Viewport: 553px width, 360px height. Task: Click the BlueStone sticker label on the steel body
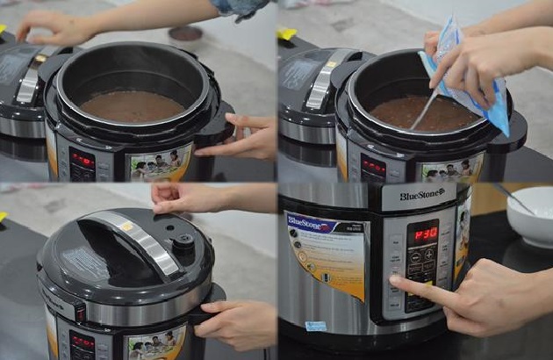click(x=326, y=250)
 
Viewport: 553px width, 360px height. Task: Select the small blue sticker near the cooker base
click(x=315, y=326)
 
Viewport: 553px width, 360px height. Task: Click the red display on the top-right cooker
click(x=372, y=165)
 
